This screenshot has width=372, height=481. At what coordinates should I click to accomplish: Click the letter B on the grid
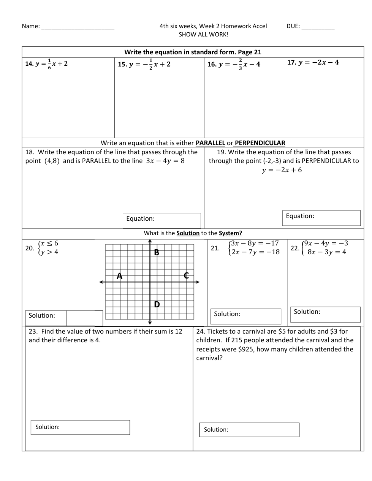point(157,253)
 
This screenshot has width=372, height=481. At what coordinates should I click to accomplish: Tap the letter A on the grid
point(120,276)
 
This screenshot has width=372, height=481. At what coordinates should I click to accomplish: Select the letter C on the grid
point(186,276)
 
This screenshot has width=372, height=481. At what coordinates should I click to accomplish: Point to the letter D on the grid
point(157,304)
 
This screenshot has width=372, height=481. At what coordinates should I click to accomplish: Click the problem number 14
point(29,64)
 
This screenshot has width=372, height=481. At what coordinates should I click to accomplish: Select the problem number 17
point(291,63)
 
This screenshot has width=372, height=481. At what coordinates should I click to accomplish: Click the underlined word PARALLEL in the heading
point(210,143)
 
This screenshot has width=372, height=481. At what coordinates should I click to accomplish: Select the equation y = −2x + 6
point(282,170)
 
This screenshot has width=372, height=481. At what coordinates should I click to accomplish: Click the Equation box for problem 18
point(162,220)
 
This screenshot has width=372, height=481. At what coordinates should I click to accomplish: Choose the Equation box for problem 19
point(321,218)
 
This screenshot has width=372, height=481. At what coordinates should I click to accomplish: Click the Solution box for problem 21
point(246,316)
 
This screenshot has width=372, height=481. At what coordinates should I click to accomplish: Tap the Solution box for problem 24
point(249,430)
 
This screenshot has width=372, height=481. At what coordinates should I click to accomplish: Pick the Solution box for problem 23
point(80,427)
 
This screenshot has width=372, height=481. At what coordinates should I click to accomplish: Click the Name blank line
point(78,27)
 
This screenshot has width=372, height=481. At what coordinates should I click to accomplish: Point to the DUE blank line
point(318,27)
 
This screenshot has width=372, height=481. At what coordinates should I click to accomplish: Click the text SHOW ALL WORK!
point(204,35)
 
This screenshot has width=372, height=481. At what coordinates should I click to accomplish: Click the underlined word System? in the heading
point(230,233)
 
